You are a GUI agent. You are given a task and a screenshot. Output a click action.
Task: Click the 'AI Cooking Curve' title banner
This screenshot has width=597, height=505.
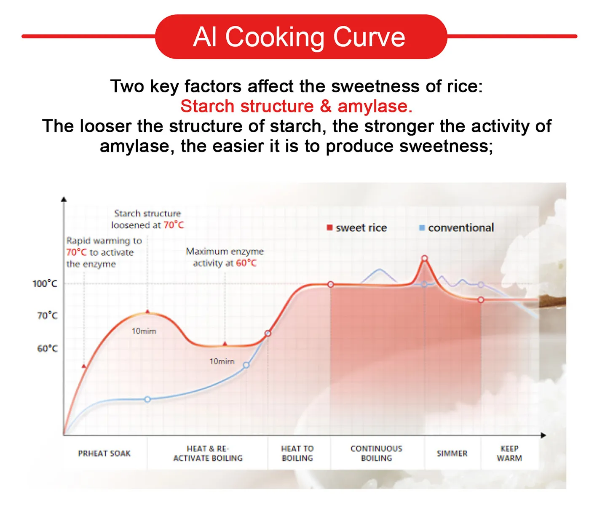click(300, 37)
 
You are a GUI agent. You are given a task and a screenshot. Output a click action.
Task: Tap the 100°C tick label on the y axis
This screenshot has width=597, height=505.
click(45, 283)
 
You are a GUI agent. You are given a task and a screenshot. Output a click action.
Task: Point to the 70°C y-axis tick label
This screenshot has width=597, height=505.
click(47, 315)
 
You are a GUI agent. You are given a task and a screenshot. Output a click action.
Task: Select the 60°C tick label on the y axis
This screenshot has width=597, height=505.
click(47, 349)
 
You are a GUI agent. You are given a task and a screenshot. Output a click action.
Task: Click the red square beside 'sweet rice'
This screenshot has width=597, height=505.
click(329, 228)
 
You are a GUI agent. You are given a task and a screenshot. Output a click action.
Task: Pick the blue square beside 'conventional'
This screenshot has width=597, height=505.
click(422, 228)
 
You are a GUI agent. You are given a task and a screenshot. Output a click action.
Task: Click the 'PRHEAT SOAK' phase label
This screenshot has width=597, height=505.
click(104, 454)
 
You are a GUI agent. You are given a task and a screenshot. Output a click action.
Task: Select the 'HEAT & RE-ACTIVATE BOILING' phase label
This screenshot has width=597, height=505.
click(208, 454)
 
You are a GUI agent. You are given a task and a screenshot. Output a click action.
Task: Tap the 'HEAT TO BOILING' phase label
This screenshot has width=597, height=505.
click(297, 454)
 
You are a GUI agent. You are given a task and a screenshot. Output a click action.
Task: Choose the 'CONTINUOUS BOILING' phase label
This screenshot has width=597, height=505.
click(376, 454)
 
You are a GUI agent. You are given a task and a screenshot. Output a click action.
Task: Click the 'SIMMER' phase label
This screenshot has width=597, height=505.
click(452, 454)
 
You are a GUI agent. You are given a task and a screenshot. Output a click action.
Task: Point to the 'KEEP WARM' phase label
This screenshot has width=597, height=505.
click(509, 454)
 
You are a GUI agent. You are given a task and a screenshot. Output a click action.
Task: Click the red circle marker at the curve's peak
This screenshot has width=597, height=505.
click(425, 258)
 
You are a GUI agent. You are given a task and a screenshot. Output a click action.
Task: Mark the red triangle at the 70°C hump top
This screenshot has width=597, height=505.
click(147, 312)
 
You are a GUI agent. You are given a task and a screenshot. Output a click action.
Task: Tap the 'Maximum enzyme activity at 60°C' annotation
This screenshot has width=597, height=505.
click(225, 257)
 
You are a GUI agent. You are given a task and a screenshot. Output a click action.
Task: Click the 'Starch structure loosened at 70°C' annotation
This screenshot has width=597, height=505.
click(147, 219)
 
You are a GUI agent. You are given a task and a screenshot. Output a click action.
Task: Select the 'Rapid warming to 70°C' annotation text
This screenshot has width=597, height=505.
click(104, 252)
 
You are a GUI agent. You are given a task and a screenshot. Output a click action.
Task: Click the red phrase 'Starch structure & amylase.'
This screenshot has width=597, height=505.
click(296, 106)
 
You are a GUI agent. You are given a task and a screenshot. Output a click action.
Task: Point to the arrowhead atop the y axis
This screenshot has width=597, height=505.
click(64, 199)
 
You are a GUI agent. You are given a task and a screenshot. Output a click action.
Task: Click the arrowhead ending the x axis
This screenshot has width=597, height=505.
click(543, 435)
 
